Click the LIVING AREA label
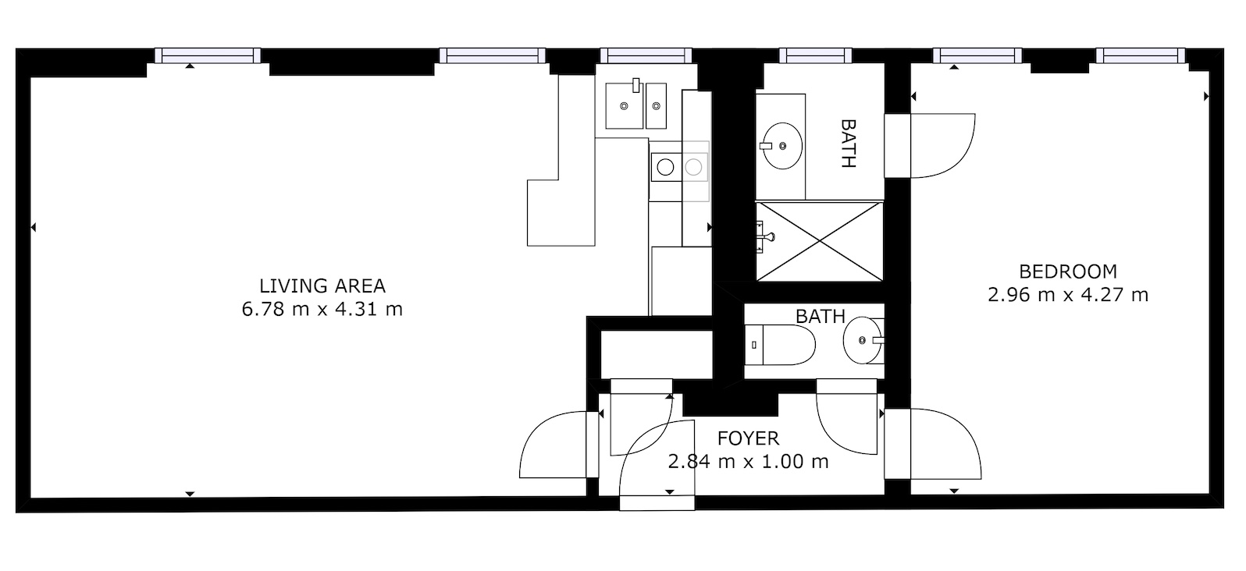(x=322, y=286)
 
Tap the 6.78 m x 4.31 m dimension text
(x=322, y=309)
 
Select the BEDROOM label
(x=1068, y=271)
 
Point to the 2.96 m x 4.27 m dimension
(x=1068, y=295)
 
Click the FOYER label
(x=748, y=438)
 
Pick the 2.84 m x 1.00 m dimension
(x=748, y=461)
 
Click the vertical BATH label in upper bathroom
(x=848, y=144)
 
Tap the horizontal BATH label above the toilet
(x=820, y=316)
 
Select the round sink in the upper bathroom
(x=782, y=146)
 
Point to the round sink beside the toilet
(x=863, y=341)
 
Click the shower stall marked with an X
(x=820, y=240)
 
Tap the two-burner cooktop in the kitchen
(x=679, y=166)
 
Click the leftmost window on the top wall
(x=207, y=55)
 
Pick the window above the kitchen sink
(x=646, y=55)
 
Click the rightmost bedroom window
(x=1140, y=55)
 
